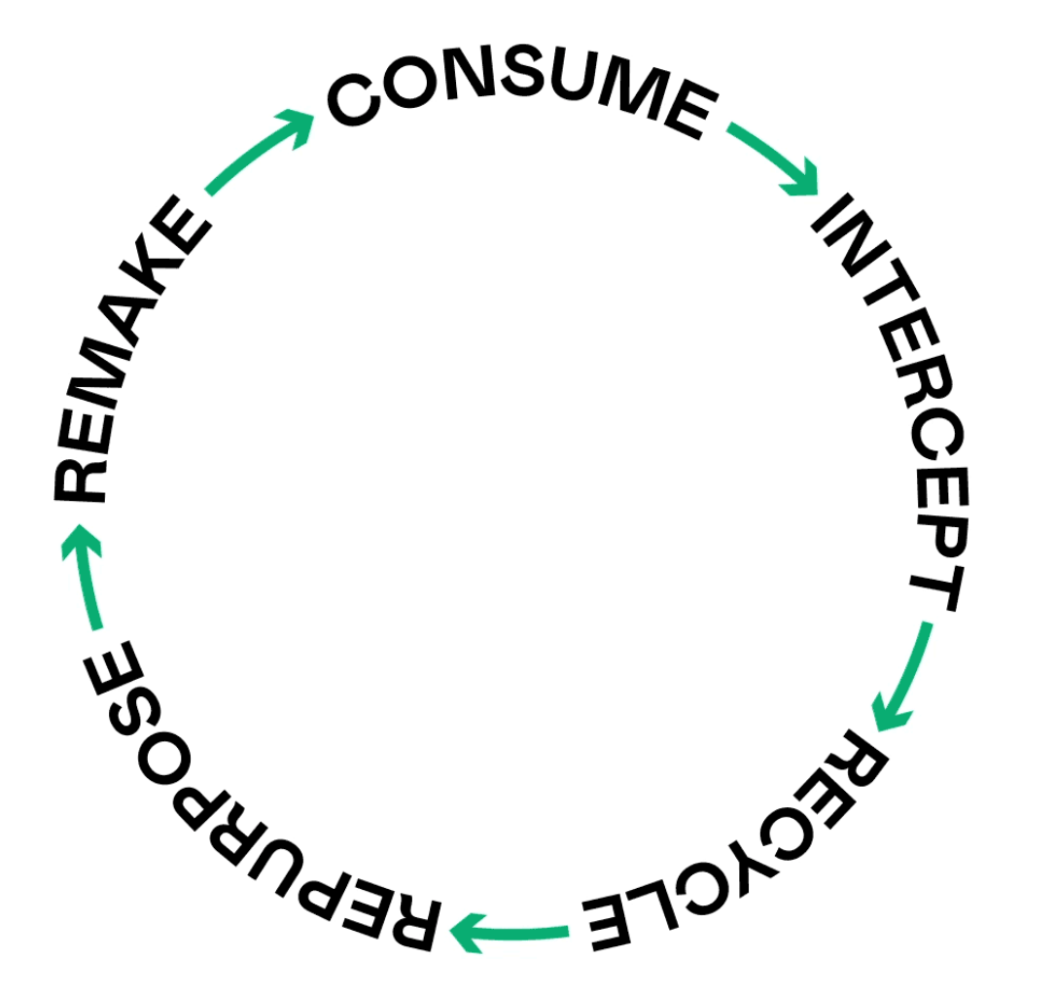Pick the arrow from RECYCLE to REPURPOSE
tap(510, 934)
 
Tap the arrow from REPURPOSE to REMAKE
tap(86, 576)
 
